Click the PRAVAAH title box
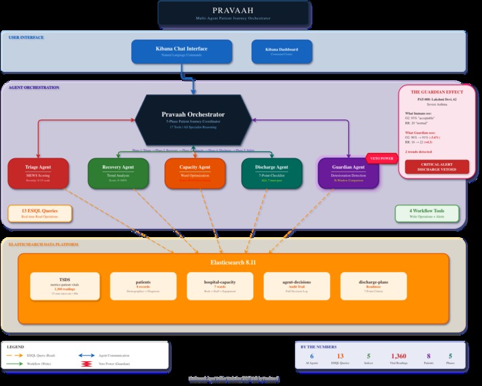(234, 13)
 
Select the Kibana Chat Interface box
(182, 52)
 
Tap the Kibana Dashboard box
(281, 52)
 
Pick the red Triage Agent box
(38, 172)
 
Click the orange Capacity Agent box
(195, 172)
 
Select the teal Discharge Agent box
(272, 172)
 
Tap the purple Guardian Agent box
(349, 172)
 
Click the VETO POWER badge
(381, 158)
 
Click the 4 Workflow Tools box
(427, 214)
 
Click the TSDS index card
(65, 286)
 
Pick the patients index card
(143, 286)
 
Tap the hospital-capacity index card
(219, 286)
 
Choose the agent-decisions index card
(297, 286)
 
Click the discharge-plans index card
(374, 286)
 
